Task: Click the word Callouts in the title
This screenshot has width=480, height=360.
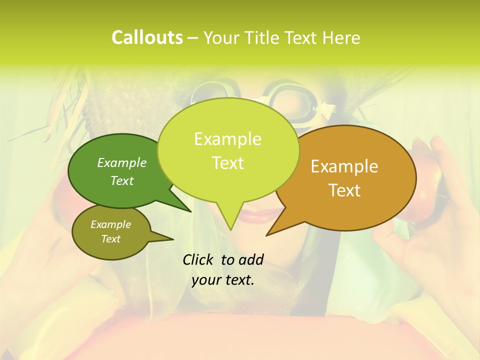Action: click(147, 38)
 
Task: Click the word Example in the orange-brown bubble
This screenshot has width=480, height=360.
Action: click(344, 166)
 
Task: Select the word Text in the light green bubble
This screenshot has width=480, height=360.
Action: click(228, 163)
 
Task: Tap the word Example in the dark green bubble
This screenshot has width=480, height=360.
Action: click(122, 162)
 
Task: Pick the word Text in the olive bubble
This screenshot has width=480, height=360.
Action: click(111, 239)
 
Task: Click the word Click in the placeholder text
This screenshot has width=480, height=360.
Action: click(198, 259)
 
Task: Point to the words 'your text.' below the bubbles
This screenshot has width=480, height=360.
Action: click(222, 280)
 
